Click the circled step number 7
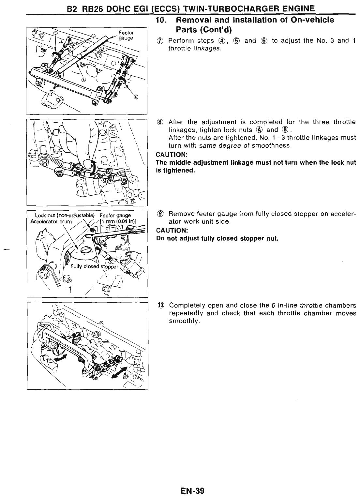(160, 41)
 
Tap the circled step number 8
(160, 122)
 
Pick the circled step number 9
(160, 214)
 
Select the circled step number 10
(160, 306)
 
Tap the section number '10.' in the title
(162, 20)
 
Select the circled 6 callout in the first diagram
(136, 97)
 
